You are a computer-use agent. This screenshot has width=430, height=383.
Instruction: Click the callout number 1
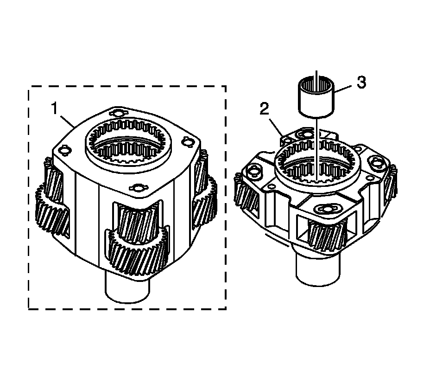coord(55,109)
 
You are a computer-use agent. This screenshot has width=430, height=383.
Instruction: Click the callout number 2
coord(265,110)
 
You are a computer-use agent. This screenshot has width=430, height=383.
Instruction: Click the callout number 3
coord(361,82)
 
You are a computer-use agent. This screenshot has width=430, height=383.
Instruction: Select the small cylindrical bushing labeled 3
coord(316,97)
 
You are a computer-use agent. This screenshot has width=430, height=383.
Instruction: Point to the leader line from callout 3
coord(343,89)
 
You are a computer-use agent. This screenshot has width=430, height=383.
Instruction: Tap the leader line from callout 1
coord(67,121)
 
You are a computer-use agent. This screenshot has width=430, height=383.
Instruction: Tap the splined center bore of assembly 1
coord(129,144)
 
